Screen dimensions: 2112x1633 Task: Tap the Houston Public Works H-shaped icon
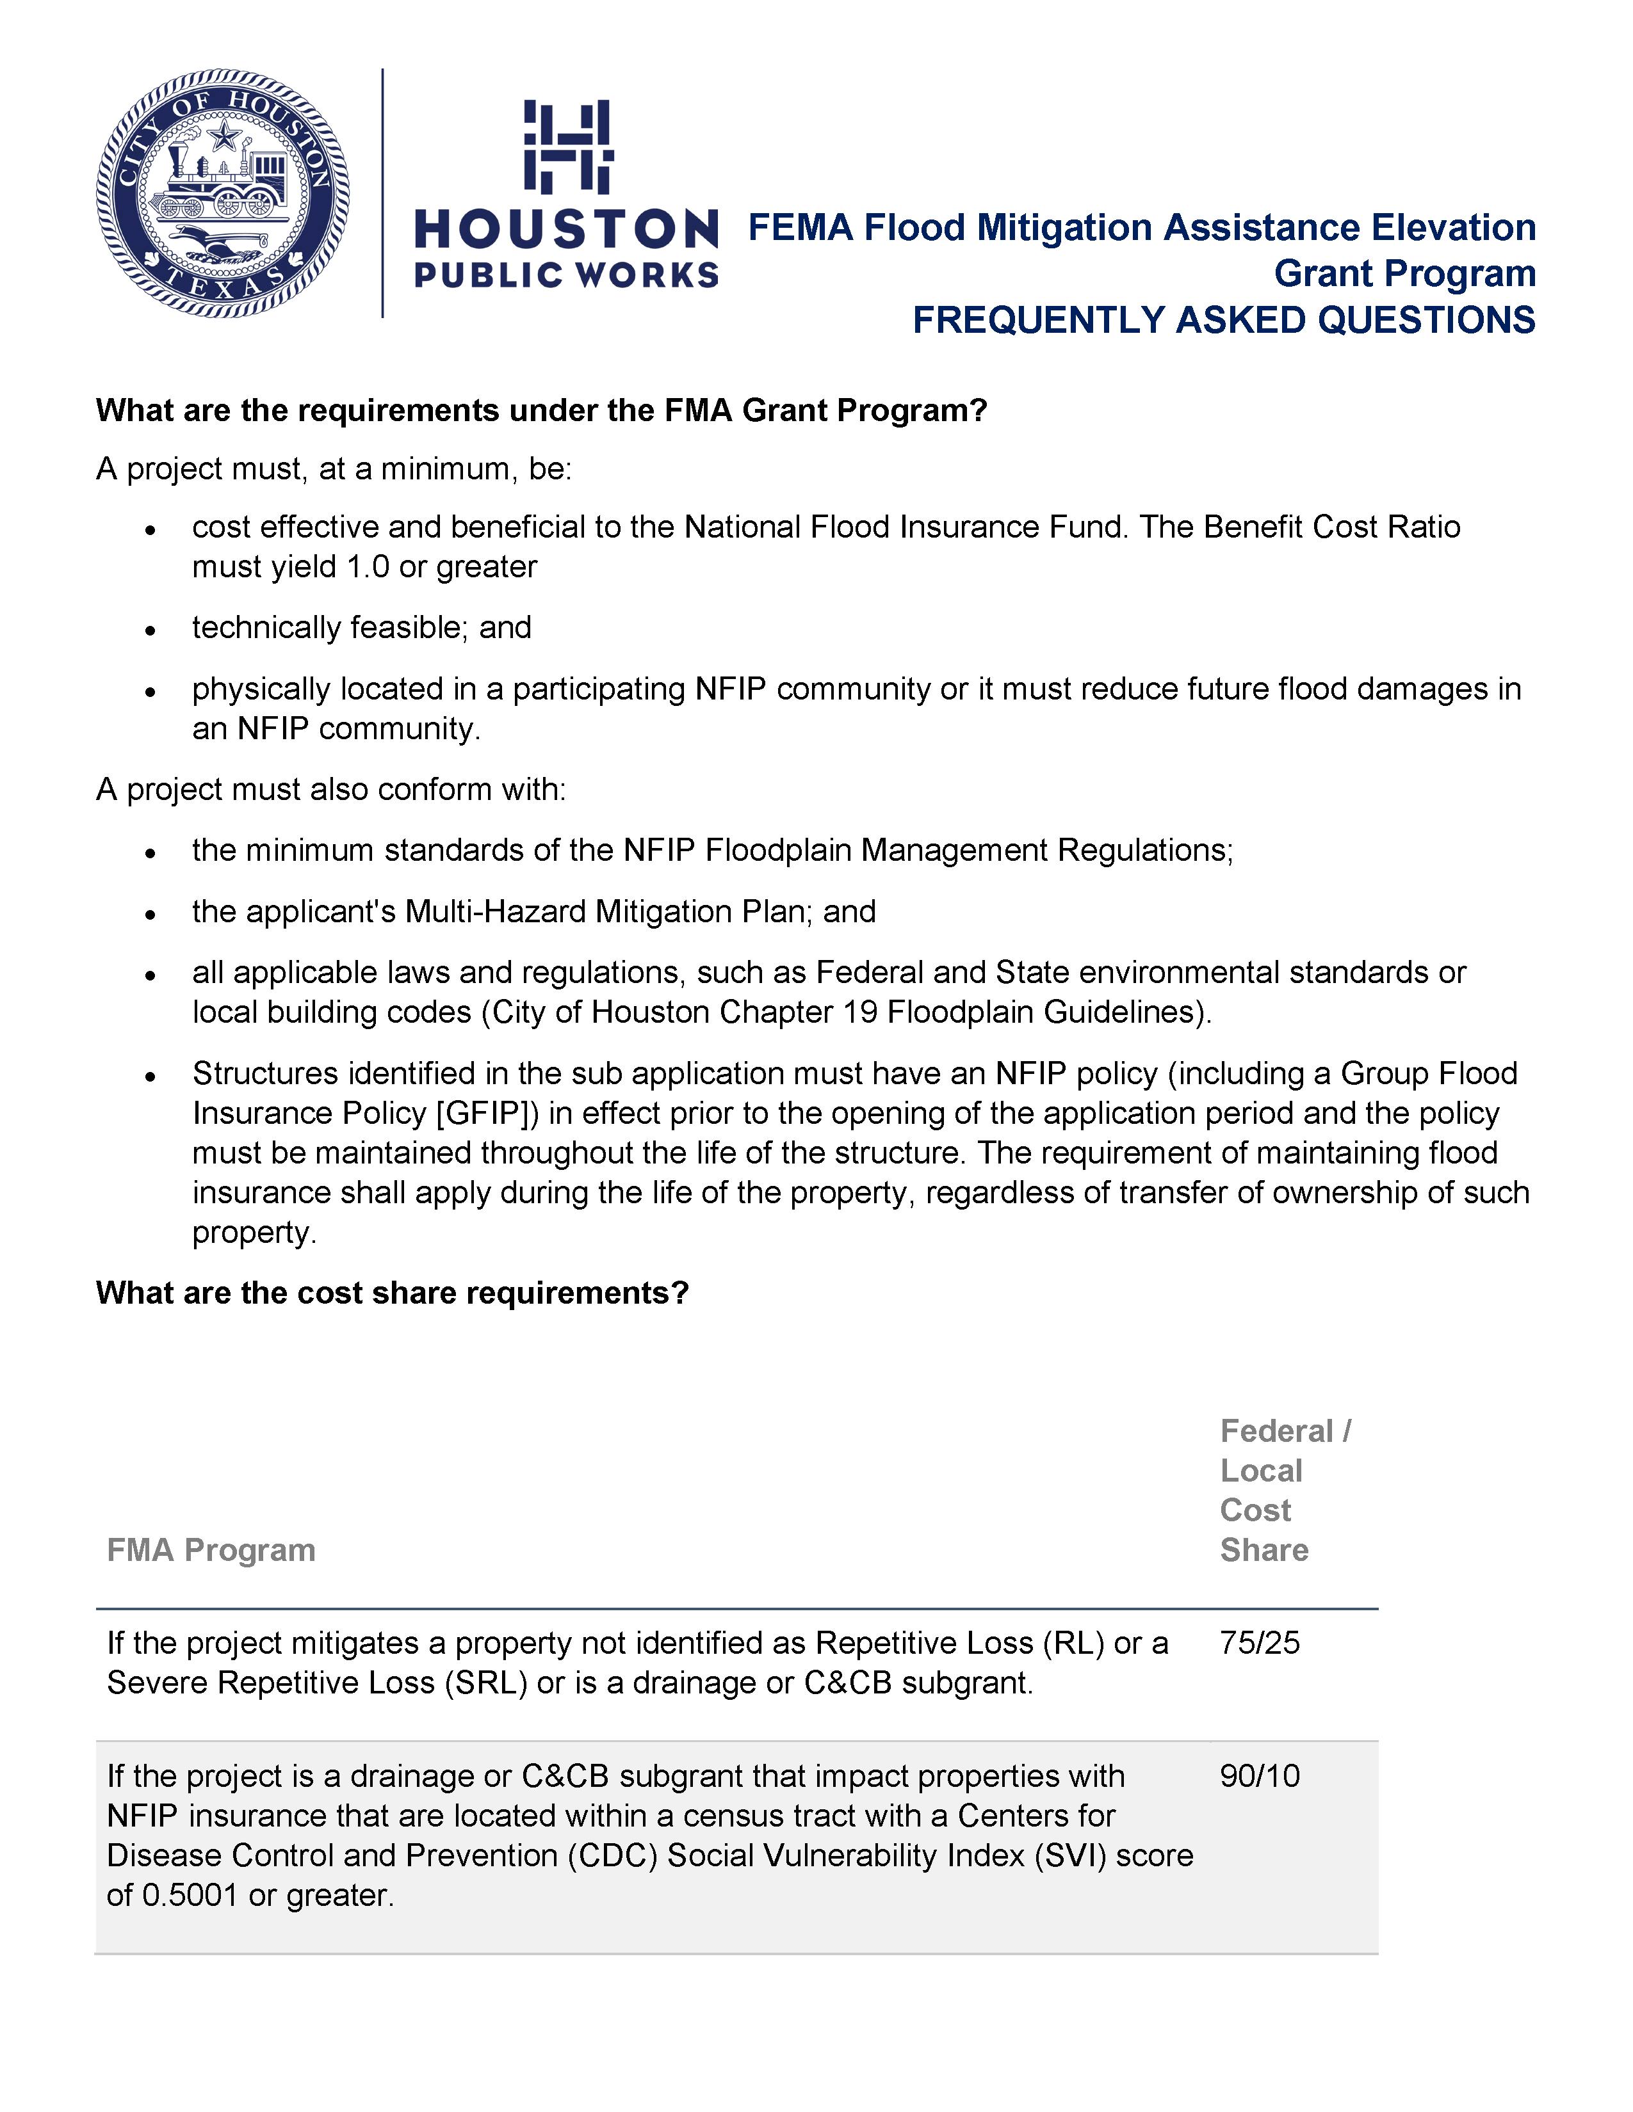568,146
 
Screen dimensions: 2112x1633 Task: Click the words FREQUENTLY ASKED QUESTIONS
1224,320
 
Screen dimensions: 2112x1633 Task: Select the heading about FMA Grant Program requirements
542,411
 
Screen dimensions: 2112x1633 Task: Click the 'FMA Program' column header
211,1550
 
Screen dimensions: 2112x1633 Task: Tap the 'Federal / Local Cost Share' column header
1285,1490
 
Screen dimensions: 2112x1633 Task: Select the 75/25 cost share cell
1260,1643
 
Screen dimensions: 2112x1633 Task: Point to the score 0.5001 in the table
190,1896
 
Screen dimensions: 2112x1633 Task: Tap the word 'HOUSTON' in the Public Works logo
567,230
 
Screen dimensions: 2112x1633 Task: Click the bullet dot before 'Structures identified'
150,1075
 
